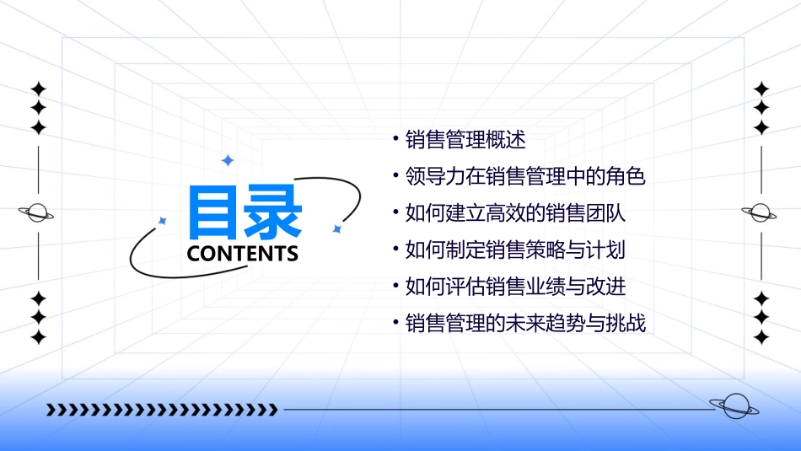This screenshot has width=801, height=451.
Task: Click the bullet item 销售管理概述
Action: pyautogui.click(x=465, y=140)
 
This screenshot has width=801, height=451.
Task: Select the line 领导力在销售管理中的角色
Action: pyautogui.click(x=524, y=177)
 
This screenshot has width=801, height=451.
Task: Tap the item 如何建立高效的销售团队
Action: pyautogui.click(x=515, y=213)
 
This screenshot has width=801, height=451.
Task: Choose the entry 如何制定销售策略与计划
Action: pyautogui.click(x=515, y=250)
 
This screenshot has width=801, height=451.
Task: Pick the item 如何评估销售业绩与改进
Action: pyautogui.click(x=515, y=287)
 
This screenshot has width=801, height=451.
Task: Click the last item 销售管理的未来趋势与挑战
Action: pyautogui.click(x=524, y=323)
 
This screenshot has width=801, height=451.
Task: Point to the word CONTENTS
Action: pyautogui.click(x=243, y=254)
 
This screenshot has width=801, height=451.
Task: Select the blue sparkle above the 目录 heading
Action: pyautogui.click(x=227, y=160)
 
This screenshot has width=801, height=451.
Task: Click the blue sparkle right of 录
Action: pyautogui.click(x=336, y=228)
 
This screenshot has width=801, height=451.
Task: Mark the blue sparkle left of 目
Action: pyautogui.click(x=163, y=221)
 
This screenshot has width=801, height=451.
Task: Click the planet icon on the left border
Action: pyautogui.click(x=36, y=213)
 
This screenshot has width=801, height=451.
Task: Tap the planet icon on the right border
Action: pyautogui.click(x=760, y=213)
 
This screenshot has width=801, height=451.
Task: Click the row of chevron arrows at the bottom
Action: pyautogui.click(x=161, y=410)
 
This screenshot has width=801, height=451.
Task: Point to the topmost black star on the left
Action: pyautogui.click(x=38, y=89)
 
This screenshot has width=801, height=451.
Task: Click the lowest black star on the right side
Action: pyautogui.click(x=761, y=338)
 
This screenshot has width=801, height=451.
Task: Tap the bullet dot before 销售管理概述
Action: pyautogui.click(x=395, y=138)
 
